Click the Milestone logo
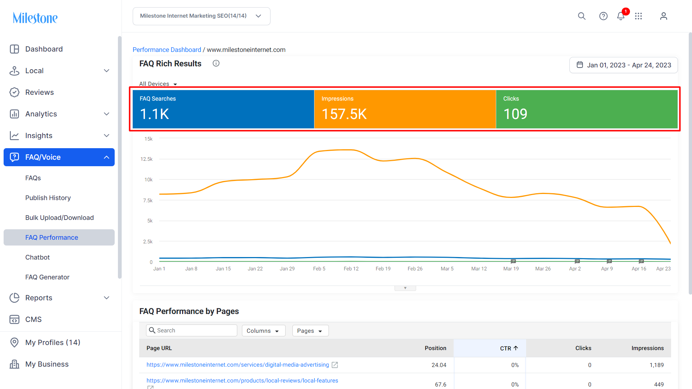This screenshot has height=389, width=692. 35,18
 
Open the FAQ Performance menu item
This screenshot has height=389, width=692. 52,237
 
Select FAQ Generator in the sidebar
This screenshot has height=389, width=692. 47,277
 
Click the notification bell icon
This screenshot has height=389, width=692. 621,16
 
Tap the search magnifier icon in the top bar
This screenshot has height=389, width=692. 582,16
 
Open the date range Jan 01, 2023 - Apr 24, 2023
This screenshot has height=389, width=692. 623,65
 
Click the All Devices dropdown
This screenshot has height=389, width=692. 158,84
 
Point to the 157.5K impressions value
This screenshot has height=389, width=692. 344,114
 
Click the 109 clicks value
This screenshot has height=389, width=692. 515,114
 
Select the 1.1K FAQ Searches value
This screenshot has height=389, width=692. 154,114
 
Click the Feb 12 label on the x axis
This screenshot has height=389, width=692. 351,269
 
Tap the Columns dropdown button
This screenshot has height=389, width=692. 264,331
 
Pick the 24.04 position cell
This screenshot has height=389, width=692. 439,365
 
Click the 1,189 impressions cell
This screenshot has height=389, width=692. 657,365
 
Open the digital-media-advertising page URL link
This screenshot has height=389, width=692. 238,365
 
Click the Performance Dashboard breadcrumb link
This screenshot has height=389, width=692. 167,50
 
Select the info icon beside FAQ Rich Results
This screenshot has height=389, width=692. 216,63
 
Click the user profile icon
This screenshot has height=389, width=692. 664,16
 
